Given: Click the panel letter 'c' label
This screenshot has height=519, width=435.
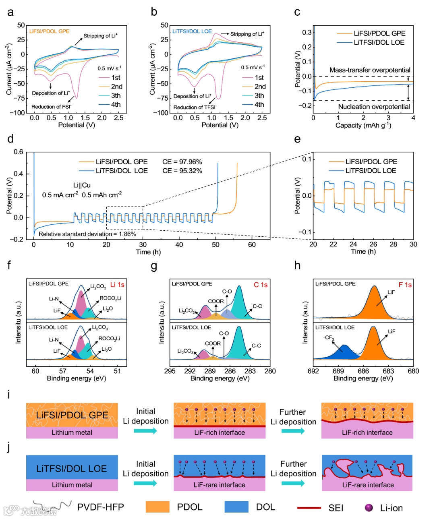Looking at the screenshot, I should [297, 12].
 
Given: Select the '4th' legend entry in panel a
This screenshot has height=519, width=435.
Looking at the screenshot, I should [116, 105].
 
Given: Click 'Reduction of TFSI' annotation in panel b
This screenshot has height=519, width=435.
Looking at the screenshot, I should [195, 108].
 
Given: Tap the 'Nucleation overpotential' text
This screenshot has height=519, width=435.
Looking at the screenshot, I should [374, 107].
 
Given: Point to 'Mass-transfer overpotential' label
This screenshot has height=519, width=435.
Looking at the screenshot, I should [370, 70].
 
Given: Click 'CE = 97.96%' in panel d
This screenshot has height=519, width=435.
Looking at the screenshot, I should [182, 162].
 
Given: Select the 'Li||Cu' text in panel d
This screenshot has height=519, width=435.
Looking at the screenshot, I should [82, 185].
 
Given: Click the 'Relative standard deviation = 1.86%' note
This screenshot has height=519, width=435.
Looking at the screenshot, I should [87, 234].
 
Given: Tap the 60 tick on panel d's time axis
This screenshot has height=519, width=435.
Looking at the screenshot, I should [252, 245].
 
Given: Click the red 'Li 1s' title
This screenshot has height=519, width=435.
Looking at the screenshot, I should [117, 285].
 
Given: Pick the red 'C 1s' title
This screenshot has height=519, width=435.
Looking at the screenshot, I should [261, 285].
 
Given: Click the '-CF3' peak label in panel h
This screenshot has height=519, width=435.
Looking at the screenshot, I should [329, 338].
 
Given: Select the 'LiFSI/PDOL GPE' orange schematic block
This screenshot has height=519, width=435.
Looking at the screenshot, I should [72, 415].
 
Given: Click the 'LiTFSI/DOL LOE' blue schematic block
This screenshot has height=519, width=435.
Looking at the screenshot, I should [72, 468].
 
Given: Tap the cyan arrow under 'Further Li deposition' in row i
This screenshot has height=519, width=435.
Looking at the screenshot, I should [293, 431].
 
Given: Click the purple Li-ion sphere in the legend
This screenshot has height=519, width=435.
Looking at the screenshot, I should [369, 508].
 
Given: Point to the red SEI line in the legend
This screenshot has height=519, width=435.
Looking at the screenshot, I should [309, 508].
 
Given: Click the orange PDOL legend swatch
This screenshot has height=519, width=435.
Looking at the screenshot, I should [157, 507].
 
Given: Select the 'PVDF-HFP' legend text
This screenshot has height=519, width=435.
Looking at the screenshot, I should [100, 507].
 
